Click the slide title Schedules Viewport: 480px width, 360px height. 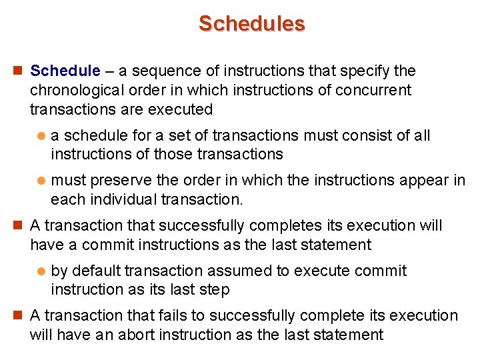[x=251, y=23]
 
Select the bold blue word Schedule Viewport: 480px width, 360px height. [x=65, y=71]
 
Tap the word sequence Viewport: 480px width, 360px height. [x=157, y=71]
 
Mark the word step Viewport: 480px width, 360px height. [x=215, y=290]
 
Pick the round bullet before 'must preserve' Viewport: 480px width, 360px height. [x=41, y=181]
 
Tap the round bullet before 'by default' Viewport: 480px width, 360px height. [x=41, y=271]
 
